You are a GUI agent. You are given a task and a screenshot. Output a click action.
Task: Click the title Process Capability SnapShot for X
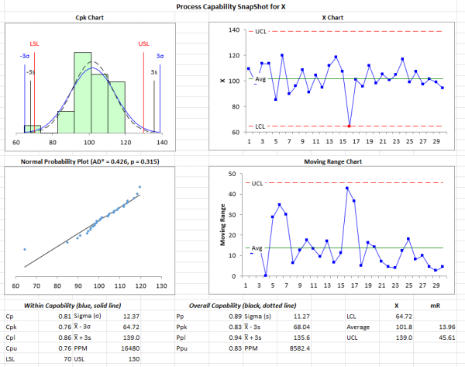(232, 5)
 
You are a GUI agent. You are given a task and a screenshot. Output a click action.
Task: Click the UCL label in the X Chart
(261, 31)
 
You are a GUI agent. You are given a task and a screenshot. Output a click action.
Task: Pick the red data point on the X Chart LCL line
(350, 126)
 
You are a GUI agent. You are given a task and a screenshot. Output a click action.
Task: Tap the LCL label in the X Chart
(261, 126)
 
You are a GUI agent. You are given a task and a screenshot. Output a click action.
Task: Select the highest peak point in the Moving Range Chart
(347, 188)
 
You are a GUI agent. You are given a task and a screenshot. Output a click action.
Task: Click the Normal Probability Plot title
(91, 162)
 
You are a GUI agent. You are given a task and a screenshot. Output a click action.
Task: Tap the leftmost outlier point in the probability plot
(25, 249)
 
